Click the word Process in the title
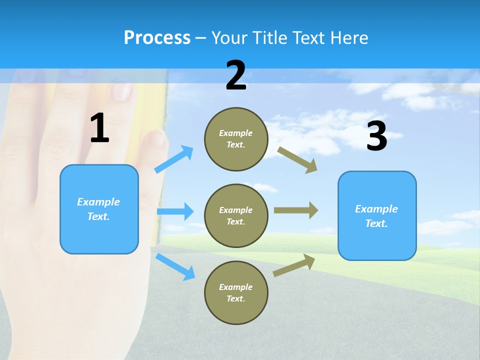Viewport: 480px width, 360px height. point(157,37)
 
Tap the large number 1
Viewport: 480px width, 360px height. point(99,128)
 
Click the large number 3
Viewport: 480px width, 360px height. point(376,136)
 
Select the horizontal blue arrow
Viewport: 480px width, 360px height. point(175,211)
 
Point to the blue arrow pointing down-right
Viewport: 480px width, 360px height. point(175,266)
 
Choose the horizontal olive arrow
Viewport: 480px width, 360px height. point(296,210)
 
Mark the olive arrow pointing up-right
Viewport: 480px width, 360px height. point(294,265)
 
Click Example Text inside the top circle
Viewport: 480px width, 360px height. point(236,139)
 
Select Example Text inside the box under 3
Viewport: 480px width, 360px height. point(376,216)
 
